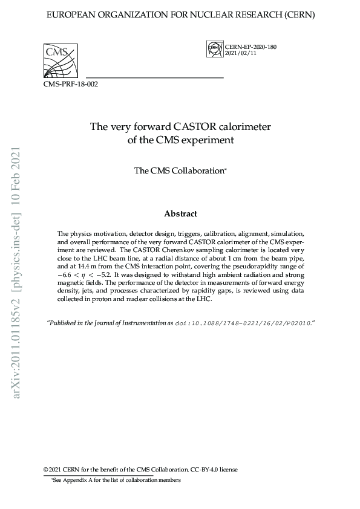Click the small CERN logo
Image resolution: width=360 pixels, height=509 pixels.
tap(214, 49)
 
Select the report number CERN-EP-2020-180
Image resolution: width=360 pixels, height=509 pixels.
tap(250, 47)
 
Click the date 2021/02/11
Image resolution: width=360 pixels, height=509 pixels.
tap(240, 54)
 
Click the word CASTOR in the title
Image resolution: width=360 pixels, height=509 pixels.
tap(195, 127)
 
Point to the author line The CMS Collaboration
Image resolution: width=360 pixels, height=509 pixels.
tap(180, 171)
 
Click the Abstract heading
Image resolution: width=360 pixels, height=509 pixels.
tap(180, 213)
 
